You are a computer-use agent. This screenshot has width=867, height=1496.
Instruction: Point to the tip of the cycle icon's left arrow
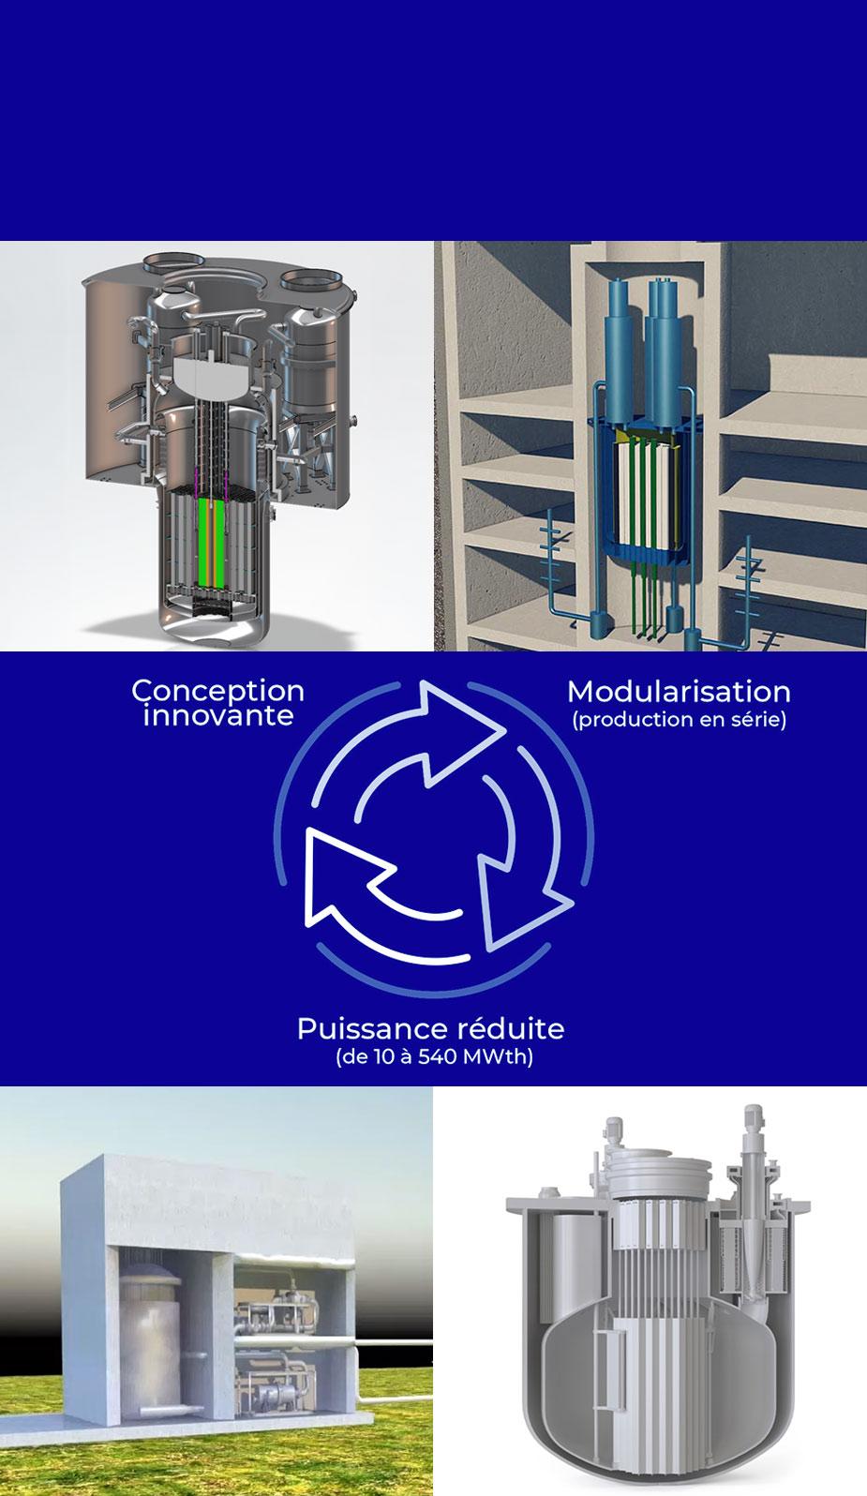tap(306, 830)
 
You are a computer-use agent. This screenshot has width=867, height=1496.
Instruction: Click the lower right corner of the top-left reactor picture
tap(433, 651)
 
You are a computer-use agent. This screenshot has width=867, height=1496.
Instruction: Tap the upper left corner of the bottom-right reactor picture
tap(433, 1087)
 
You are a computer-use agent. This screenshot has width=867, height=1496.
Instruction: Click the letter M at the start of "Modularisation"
tap(580, 692)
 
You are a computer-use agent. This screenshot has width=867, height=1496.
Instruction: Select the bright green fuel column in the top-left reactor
tap(205, 542)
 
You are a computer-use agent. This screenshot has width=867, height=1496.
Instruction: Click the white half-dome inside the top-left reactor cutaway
tap(209, 375)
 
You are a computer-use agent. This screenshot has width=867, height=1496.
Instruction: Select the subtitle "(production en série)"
tap(680, 719)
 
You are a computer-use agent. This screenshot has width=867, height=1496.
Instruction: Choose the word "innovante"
tap(217, 715)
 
